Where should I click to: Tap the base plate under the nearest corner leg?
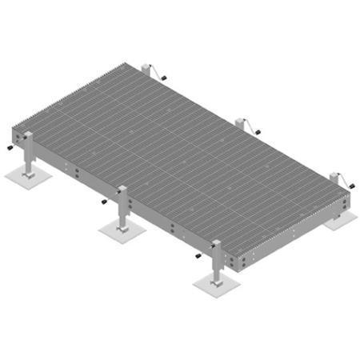click(x=217, y=282)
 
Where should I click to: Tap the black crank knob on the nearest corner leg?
click(x=198, y=256)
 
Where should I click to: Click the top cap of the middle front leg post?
click(x=122, y=189)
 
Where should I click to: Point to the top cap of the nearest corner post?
click(x=217, y=242)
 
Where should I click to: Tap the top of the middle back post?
click(x=241, y=121)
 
